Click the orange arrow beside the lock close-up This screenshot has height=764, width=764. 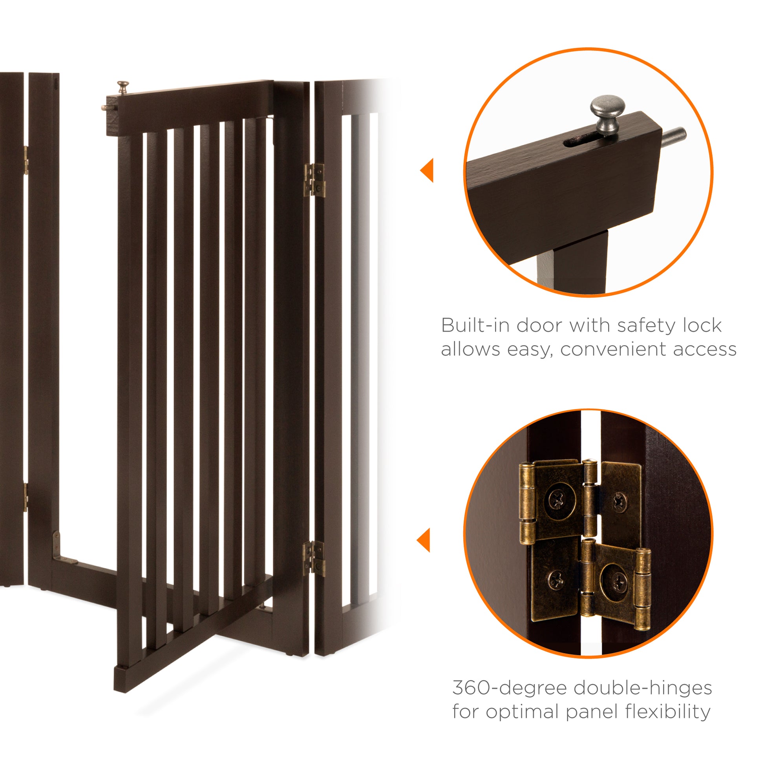pyautogui.click(x=427, y=170)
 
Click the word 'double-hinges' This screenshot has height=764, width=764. pyautogui.click(x=643, y=688)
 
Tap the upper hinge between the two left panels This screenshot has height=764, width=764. pyautogui.click(x=26, y=160)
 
